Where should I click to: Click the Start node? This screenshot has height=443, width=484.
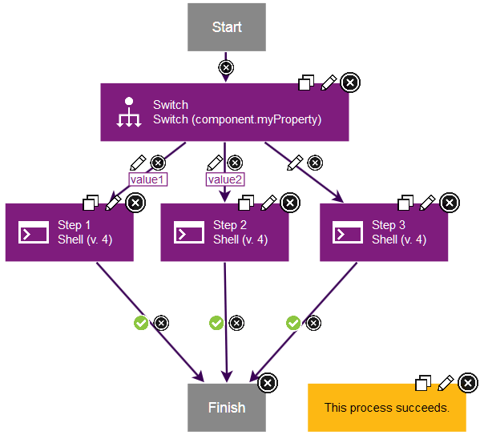tap(227, 27)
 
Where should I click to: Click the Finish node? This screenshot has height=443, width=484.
tap(227, 407)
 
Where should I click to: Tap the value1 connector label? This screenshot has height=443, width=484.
tap(147, 179)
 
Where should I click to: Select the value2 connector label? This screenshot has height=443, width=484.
tap(225, 179)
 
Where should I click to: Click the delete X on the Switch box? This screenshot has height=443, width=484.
tap(349, 83)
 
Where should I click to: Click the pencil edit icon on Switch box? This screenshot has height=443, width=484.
tap(328, 83)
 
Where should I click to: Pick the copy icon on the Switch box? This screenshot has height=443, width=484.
tap(306, 83)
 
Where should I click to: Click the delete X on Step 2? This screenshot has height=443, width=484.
tap(290, 203)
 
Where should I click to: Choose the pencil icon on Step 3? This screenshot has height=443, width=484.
tap(428, 203)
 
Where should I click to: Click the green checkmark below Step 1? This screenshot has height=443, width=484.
tap(140, 323)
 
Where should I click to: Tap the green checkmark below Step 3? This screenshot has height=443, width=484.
tap(293, 323)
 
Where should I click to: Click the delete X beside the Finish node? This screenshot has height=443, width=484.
tap(268, 383)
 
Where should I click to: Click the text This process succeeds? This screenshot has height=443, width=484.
tap(386, 408)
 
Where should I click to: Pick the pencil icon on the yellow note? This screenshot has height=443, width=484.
tap(446, 383)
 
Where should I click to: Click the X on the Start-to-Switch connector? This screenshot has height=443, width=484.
tap(226, 67)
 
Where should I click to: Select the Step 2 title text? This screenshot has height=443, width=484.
tap(230, 225)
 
